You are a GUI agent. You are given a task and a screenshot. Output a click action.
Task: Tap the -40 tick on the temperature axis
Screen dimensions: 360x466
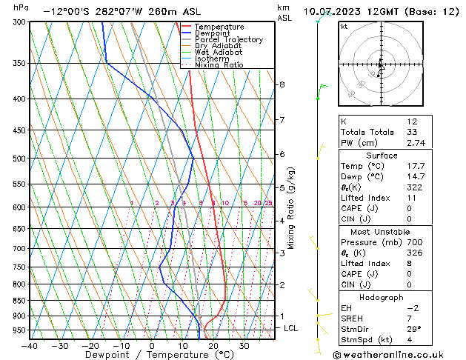coord(30,345)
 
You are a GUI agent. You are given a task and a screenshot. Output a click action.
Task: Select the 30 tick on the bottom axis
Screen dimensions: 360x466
coord(244,345)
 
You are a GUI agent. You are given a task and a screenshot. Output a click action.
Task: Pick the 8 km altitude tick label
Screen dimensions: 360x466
coord(282,84)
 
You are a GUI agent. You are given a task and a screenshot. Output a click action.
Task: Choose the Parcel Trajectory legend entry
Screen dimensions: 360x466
coord(228,39)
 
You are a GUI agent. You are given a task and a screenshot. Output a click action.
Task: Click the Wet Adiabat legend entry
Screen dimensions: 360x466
coord(219,53)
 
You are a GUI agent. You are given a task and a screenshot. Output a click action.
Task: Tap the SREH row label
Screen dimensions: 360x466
coord(353,319)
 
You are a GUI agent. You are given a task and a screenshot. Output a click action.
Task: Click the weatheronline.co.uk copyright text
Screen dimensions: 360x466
coord(399,354)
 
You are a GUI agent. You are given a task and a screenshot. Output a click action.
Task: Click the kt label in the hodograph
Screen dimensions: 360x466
coord(344,27)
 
